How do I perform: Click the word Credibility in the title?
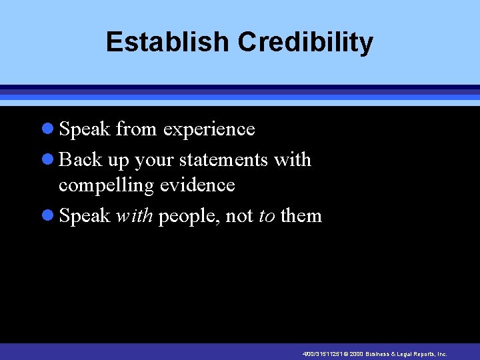tap(305, 42)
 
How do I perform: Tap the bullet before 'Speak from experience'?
tap(48, 129)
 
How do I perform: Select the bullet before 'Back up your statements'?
tap(48, 160)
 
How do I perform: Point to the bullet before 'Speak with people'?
tap(48, 216)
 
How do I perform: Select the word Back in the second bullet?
tap(80, 160)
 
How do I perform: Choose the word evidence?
tap(198, 185)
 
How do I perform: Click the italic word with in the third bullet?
tap(135, 216)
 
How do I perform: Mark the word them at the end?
tap(301, 216)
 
